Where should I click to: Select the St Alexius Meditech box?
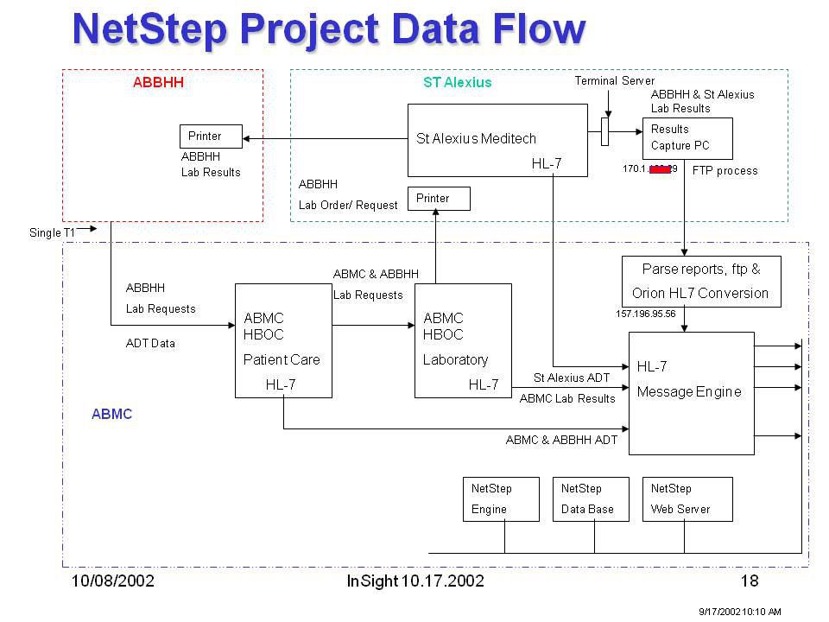(x=497, y=141)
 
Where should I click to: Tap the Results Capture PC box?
(x=687, y=138)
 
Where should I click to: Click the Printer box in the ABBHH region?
(x=211, y=136)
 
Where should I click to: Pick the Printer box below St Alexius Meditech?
(x=439, y=199)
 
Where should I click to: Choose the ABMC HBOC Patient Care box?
(x=283, y=340)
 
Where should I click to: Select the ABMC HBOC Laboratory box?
(x=462, y=340)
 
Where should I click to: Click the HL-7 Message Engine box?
(x=691, y=392)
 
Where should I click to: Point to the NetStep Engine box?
(x=501, y=499)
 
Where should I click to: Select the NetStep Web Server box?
(x=687, y=499)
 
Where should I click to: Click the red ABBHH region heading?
(x=158, y=83)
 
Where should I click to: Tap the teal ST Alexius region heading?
(x=457, y=83)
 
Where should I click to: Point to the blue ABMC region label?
(x=111, y=414)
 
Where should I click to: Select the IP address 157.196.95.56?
(x=645, y=314)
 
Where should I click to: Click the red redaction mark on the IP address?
(x=661, y=169)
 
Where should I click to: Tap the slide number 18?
(x=750, y=581)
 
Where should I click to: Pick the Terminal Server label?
(x=615, y=80)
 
